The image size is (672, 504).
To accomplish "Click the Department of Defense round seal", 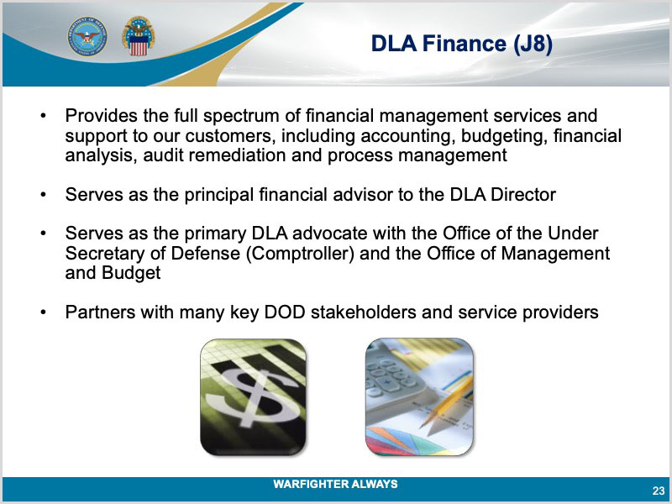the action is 87,36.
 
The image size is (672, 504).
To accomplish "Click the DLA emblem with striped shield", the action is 139,36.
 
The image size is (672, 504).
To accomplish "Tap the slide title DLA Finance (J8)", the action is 461,44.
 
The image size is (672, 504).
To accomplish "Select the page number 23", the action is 659,491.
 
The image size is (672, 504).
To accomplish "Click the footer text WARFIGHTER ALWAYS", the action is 335,484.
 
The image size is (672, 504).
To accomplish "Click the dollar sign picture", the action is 254,397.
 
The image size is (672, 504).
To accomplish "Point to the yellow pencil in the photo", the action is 446,402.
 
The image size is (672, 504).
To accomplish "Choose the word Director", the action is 522,195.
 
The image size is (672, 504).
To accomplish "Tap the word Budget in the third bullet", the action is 131,273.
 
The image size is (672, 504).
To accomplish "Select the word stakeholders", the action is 364,312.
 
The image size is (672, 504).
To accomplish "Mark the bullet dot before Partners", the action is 43,312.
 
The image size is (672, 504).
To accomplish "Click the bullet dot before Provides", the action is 43,116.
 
